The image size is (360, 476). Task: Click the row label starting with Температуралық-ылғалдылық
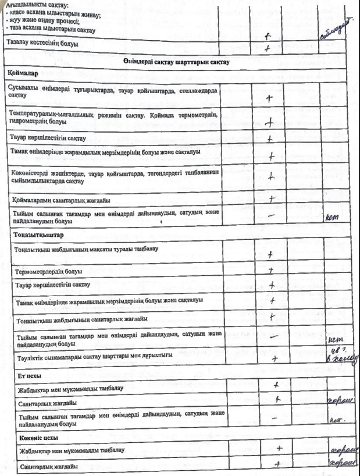click(x=111, y=116)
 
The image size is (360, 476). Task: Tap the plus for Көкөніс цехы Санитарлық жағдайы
click(x=279, y=464)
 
